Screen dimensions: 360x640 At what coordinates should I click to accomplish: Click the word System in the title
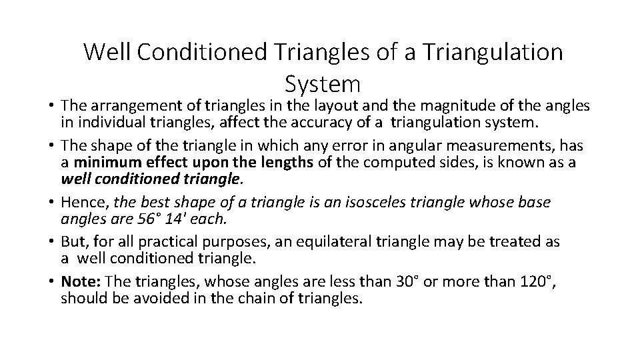point(323,83)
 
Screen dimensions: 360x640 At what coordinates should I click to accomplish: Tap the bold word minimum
point(102,163)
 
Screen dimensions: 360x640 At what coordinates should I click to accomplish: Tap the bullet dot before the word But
point(51,241)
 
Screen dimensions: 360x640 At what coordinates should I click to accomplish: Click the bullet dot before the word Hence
point(51,202)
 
